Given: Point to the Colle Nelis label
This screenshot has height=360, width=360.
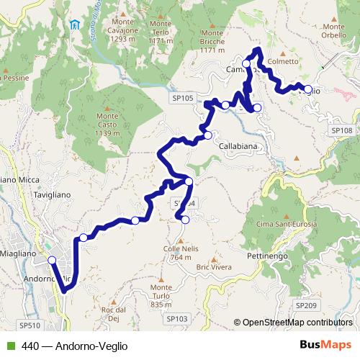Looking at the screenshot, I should click(181, 253).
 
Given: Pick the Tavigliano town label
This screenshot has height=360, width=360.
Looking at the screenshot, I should click(50, 194).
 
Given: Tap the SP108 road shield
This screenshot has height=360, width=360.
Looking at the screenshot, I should click(342, 130).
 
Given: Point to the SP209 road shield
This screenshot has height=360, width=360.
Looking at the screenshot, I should click(305, 306).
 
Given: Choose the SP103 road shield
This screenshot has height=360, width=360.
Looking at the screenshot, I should click(176, 318).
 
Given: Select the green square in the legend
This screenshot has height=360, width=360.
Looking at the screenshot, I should click(10, 346).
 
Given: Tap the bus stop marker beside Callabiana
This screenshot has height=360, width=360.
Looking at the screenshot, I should click(208, 135).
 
